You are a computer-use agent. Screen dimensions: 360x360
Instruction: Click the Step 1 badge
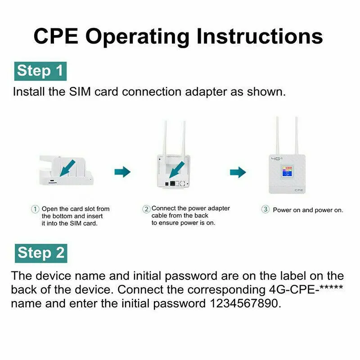40,71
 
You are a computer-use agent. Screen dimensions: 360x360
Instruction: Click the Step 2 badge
41,253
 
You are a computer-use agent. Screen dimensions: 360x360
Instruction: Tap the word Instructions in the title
260,36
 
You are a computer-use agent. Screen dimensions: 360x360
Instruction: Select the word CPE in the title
56,36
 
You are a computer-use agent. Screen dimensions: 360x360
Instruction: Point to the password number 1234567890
245,303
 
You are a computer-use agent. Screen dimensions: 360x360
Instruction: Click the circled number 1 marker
35,209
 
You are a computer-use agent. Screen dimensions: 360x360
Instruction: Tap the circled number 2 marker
146,209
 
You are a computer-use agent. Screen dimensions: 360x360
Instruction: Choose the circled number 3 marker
265,209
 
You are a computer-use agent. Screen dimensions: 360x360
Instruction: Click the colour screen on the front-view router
287,171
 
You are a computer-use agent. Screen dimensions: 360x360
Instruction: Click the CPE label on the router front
299,190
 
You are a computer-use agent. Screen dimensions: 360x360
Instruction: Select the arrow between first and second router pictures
122,172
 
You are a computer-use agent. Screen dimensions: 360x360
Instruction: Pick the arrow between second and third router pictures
238,172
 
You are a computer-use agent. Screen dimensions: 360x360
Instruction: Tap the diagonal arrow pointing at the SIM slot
67,168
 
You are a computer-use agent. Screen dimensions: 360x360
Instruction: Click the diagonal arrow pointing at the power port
177,170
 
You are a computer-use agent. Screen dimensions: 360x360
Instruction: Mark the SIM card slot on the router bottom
52,183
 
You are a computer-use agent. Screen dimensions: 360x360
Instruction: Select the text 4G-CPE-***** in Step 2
306,289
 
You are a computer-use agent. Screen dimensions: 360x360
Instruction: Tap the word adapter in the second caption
219,208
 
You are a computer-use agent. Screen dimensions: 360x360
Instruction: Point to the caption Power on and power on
308,210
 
